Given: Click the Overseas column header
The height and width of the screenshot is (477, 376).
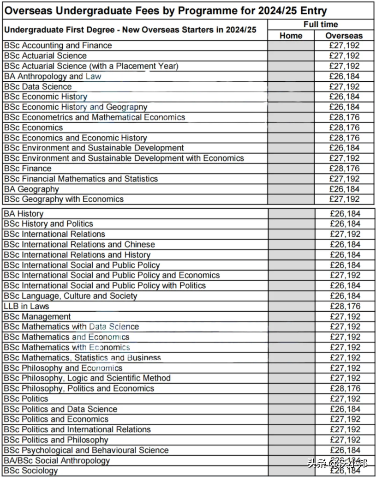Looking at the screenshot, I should pyautogui.click(x=344, y=36).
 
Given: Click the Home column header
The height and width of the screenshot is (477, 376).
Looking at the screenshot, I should pyautogui.click(x=291, y=36).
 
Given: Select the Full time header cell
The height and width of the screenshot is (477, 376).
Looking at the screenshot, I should pyautogui.click(x=321, y=24).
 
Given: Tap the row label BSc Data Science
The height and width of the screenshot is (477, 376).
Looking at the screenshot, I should pyautogui.click(x=38, y=86).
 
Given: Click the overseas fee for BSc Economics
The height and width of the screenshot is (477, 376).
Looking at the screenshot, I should pyautogui.click(x=344, y=127).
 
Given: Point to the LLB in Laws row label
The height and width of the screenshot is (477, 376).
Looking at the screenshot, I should pyautogui.click(x=26, y=306).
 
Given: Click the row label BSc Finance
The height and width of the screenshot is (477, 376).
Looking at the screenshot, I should pyautogui.click(x=28, y=169).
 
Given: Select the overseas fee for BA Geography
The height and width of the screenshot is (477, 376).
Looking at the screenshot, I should pyautogui.click(x=344, y=189).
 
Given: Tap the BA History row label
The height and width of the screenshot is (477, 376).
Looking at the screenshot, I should pyautogui.click(x=24, y=214).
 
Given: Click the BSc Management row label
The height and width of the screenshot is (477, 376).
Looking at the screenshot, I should pyautogui.click(x=37, y=317).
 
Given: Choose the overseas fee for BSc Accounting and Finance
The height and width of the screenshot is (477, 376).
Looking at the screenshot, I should pyautogui.click(x=344, y=45).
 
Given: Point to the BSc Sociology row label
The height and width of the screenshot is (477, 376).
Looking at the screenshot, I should pyautogui.click(x=31, y=471).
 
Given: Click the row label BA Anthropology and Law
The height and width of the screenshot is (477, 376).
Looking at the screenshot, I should pyautogui.click(x=52, y=76).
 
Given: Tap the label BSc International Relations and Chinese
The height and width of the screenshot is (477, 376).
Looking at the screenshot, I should pyautogui.click(x=79, y=245).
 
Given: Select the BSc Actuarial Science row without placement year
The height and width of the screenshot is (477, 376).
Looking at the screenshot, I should pyautogui.click(x=45, y=56).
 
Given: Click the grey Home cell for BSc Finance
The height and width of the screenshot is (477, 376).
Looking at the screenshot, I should pyautogui.click(x=291, y=169).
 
